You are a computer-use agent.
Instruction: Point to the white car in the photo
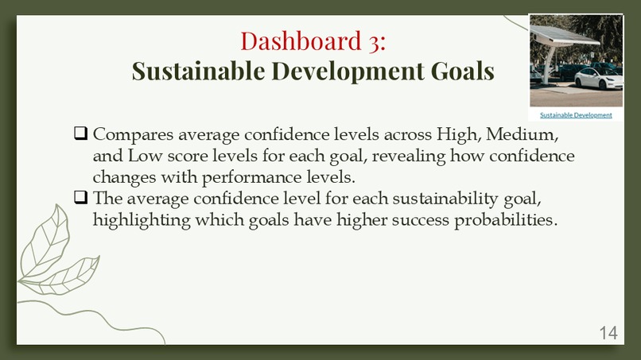click(x=596, y=78)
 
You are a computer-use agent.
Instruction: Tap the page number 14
click(x=608, y=333)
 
